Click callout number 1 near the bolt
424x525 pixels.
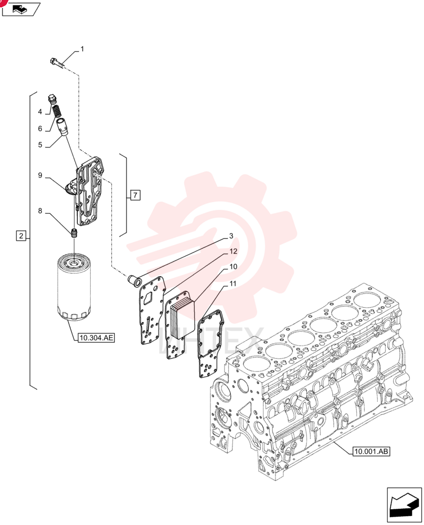click(x=82, y=49)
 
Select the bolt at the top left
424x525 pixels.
click(x=58, y=63)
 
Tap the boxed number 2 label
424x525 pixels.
click(x=21, y=236)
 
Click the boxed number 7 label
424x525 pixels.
click(x=135, y=195)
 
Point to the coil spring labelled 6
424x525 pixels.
click(x=58, y=111)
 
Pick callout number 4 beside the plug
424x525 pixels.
click(x=40, y=112)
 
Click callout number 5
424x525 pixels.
click(x=40, y=145)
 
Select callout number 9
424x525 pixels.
click(x=40, y=175)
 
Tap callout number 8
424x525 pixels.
click(x=40, y=211)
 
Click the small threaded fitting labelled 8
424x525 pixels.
click(x=75, y=233)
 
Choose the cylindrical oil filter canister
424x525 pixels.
click(x=73, y=288)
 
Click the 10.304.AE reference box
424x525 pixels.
click(x=96, y=338)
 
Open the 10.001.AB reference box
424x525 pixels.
click(x=372, y=451)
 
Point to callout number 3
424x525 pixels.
click(x=231, y=236)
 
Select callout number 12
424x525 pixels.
click(x=233, y=251)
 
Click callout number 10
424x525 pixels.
click(x=233, y=267)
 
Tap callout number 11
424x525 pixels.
click(x=233, y=284)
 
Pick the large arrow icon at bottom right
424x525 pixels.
click(x=404, y=505)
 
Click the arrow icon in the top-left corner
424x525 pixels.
click(x=21, y=9)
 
